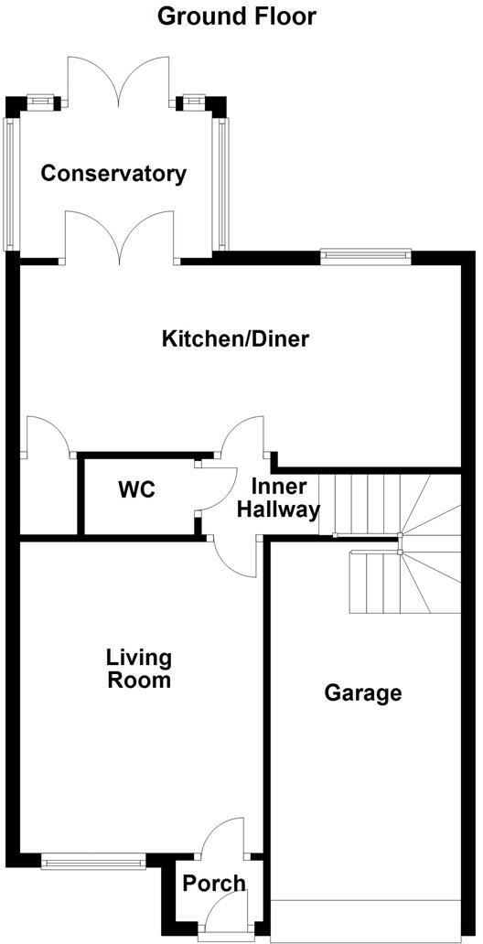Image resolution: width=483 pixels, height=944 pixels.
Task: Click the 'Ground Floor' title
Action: pyautogui.click(x=237, y=16)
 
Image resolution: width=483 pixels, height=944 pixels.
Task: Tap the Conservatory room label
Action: pyautogui.click(x=113, y=174)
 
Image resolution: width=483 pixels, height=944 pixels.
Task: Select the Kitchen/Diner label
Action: pyautogui.click(x=235, y=339)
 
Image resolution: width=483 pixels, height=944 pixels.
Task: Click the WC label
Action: pyautogui.click(x=136, y=490)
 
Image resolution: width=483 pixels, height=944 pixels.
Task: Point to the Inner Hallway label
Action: pyautogui.click(x=279, y=499)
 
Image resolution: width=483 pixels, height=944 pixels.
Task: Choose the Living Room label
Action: pyautogui.click(x=138, y=669)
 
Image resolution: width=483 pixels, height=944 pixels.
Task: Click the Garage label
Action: pyautogui.click(x=363, y=692)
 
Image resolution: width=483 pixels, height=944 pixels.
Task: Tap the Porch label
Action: pyautogui.click(x=214, y=883)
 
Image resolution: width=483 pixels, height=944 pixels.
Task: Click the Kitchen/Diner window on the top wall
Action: pyautogui.click(x=365, y=257)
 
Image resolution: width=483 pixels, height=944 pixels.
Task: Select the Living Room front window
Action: pyautogui.click(x=94, y=860)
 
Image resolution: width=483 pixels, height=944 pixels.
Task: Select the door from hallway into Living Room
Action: pyautogui.click(x=235, y=558)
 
